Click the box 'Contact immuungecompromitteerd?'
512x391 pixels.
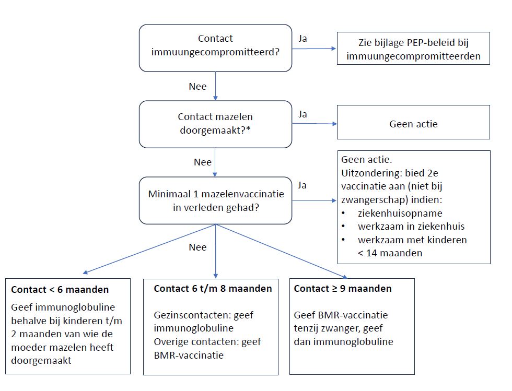tap(215, 48)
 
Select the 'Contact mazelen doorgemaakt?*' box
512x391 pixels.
tap(215, 124)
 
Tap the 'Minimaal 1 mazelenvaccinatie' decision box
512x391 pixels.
tap(215, 200)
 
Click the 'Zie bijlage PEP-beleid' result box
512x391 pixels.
tap(413, 49)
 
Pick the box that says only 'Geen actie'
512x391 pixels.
tap(413, 122)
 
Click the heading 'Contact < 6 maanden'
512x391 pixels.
tap(60, 290)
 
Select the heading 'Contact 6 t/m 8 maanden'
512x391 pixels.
tap(213, 289)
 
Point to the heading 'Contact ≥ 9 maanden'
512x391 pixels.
tap(343, 289)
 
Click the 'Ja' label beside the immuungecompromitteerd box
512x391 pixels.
tap(302, 39)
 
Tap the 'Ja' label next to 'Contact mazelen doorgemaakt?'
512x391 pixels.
tap(302, 114)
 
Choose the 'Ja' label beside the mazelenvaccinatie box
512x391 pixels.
tap(302, 185)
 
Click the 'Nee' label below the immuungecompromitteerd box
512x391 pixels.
tap(197, 87)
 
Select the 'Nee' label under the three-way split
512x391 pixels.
tap(197, 247)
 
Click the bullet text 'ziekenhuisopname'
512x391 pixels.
tap(400, 213)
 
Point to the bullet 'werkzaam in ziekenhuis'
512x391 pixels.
tap(411, 226)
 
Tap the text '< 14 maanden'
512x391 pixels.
tap(390, 253)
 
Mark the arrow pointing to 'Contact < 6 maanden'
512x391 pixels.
tap(149, 248)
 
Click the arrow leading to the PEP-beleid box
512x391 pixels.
tap(314, 49)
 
